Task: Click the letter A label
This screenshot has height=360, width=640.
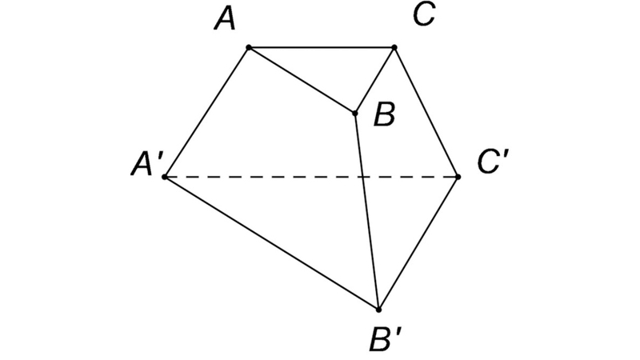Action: coord(225,20)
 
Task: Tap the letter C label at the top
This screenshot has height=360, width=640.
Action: coord(424,15)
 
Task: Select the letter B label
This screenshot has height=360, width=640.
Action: coord(385,115)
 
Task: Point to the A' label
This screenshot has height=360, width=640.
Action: coord(148,166)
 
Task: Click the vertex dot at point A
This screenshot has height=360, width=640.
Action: coord(249,48)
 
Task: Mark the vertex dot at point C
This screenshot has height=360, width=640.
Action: coord(394,48)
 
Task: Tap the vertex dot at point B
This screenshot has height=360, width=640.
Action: coord(355,113)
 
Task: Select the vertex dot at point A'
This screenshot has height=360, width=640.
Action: coord(165,177)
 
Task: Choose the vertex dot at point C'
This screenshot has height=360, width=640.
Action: coord(458,177)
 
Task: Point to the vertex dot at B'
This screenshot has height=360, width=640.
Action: coord(378,310)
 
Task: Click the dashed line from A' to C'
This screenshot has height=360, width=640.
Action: coord(311,177)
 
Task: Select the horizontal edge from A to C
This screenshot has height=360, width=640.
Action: coord(322,48)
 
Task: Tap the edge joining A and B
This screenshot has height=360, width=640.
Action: coord(302,81)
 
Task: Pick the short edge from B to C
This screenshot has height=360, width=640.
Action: coord(374,81)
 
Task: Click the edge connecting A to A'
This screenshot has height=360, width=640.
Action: coord(206,112)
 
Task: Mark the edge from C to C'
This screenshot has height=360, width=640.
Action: coord(426,112)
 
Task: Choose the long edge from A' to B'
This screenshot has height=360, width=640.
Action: coord(271,243)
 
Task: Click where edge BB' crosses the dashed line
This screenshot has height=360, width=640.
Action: coord(363,177)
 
